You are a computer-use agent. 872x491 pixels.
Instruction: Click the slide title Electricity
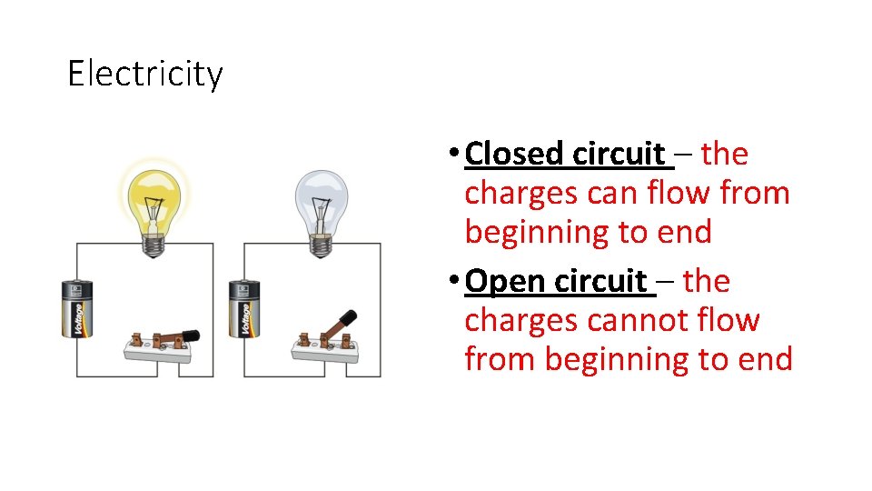(x=144, y=74)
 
